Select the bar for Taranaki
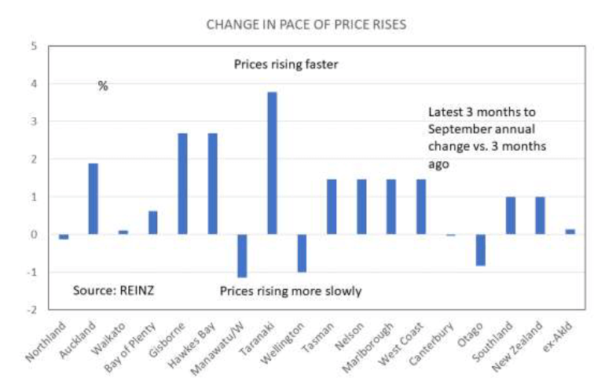[x=272, y=163]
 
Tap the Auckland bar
[x=93, y=199]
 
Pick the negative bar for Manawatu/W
[x=242, y=255]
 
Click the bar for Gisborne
[x=182, y=184]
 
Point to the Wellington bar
[x=302, y=253]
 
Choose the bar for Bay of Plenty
[x=152, y=222]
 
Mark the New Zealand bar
[x=541, y=215]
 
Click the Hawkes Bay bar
[x=212, y=184]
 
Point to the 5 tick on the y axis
[x=34, y=46]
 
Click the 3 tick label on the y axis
[x=34, y=121]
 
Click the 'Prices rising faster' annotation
[x=286, y=64]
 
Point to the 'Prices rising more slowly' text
[x=291, y=291]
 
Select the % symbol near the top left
[x=103, y=86]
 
